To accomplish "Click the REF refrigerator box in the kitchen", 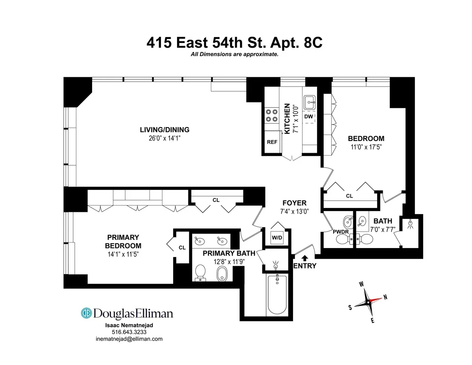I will tap(272, 142).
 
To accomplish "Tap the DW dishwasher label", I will tap(308, 117).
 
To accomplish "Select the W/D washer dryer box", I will tap(277, 237).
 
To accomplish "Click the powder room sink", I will tap(347, 221).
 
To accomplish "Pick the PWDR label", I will tap(341, 232).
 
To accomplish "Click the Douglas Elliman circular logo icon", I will tap(87, 313).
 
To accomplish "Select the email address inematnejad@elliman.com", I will tap(129, 339).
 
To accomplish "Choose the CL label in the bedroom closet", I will tap(349, 196).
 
